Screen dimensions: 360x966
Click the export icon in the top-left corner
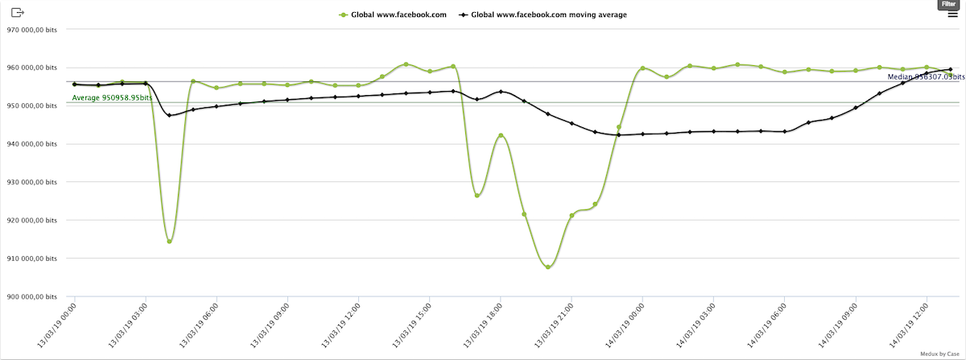click(x=19, y=13)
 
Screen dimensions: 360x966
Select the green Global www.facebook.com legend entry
click(x=393, y=14)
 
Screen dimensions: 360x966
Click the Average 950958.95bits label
click(x=112, y=97)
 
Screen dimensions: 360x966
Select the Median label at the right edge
click(x=924, y=77)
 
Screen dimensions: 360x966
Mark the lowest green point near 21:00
click(x=547, y=267)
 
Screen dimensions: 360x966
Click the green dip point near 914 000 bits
click(x=169, y=242)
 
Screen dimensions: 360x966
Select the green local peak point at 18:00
click(x=501, y=135)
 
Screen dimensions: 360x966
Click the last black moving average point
click(x=950, y=69)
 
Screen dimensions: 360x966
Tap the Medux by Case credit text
click(x=941, y=354)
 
